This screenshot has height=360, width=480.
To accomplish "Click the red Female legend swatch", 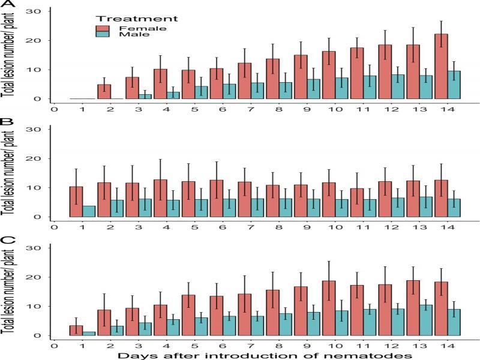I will click(x=103, y=28).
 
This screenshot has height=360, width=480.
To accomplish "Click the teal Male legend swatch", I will click(x=103, y=35).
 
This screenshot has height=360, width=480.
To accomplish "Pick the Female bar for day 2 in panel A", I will click(x=104, y=92).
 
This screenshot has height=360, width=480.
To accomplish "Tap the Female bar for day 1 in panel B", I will click(x=76, y=202).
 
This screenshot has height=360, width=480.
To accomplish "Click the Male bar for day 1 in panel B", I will click(x=89, y=211).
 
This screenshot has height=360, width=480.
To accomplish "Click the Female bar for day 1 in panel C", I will click(x=76, y=330).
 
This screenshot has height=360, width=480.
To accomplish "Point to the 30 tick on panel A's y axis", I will click(x=38, y=11).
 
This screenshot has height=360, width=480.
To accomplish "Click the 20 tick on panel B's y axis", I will click(x=38, y=158).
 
